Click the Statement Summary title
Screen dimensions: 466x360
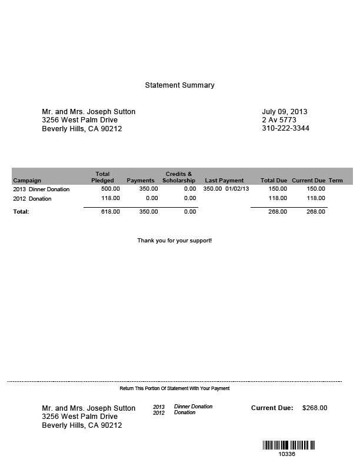tap(179, 85)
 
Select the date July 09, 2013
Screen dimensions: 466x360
tap(285, 112)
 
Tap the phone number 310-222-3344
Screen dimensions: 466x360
tap(285, 128)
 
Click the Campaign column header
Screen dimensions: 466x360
tap(27, 181)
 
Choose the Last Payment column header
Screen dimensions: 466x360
tap(224, 181)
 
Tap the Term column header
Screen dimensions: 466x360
tap(336, 181)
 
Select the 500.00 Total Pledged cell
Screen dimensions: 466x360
tap(111, 189)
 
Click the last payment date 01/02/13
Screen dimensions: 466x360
tap(238, 189)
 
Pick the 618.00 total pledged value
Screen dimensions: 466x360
tap(111, 212)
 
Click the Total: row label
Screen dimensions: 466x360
tap(21, 212)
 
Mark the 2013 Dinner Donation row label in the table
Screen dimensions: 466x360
tap(41, 189)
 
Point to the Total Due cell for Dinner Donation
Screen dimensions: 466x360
tap(278, 189)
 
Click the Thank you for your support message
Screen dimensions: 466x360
tap(175, 241)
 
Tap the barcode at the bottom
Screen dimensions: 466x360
tap(289, 446)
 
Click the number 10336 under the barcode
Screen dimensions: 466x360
tap(287, 454)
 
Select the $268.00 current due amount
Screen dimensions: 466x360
tap(315, 408)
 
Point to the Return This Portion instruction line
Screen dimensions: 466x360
tap(175, 388)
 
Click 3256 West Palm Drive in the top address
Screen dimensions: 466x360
tap(80, 120)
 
